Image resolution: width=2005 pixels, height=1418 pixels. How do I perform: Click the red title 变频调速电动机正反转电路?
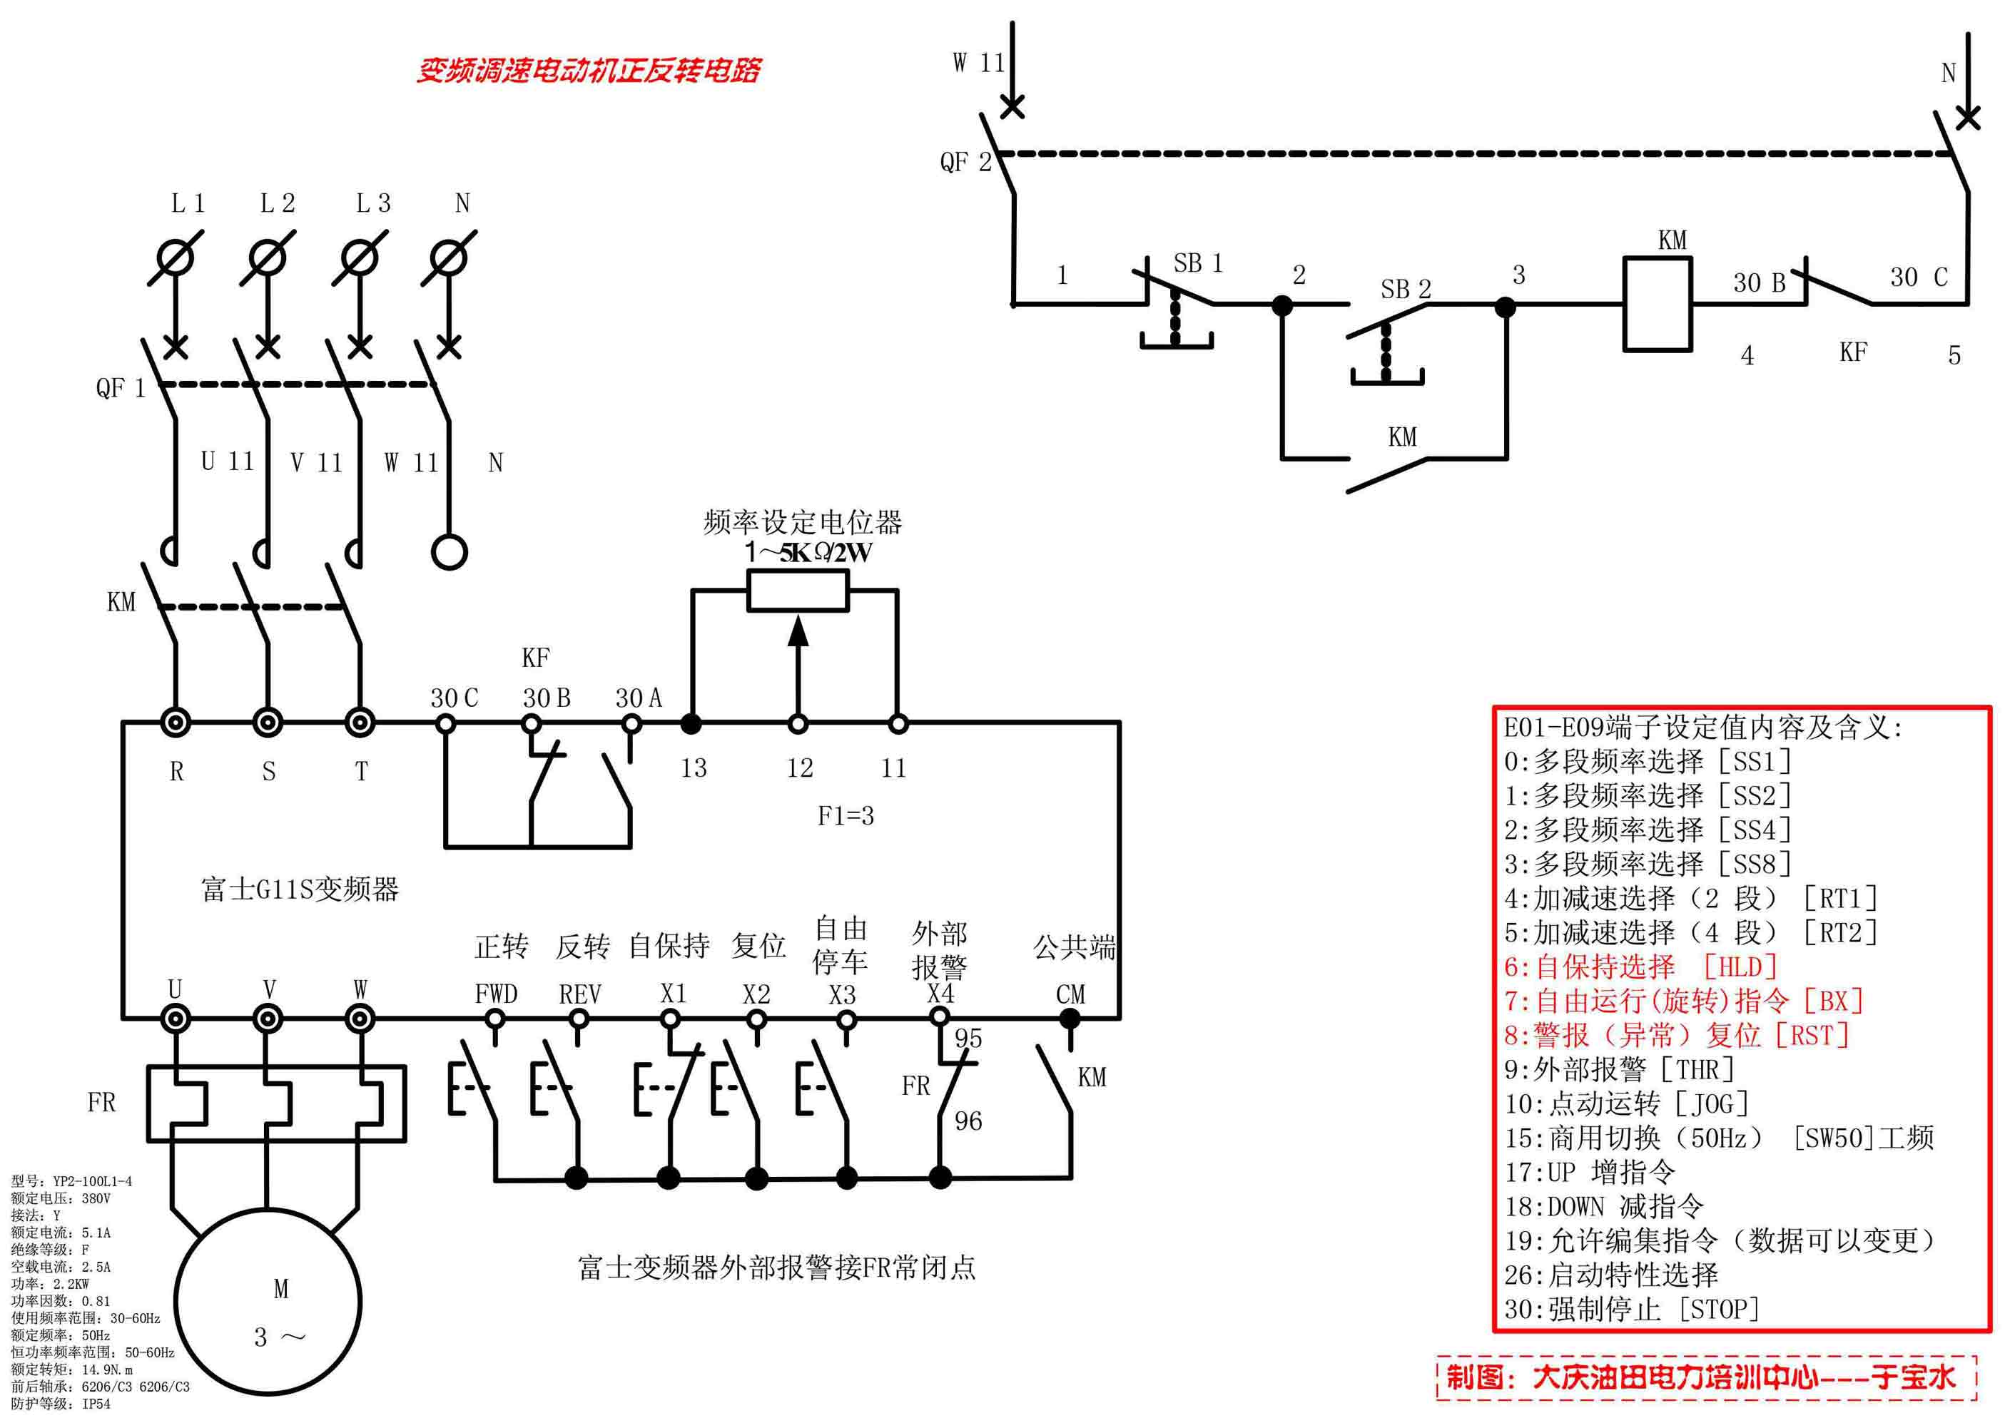(588, 71)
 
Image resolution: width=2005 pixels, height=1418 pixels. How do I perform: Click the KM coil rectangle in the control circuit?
(1657, 304)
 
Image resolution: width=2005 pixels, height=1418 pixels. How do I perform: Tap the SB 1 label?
(1197, 262)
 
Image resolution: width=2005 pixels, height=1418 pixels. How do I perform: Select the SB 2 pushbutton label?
(1405, 289)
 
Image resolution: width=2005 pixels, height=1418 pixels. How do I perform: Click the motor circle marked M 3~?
(268, 1302)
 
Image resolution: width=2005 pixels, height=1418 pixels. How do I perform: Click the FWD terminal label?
(496, 994)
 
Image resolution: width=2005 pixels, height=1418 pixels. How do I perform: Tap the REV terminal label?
(580, 994)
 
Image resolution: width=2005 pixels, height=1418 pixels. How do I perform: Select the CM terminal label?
(1070, 994)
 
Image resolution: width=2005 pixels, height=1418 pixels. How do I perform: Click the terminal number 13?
(694, 768)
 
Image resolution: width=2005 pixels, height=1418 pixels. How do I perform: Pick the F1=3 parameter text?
(846, 815)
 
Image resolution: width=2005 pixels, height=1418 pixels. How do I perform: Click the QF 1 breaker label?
(121, 388)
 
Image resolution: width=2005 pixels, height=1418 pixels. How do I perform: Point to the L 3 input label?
(373, 203)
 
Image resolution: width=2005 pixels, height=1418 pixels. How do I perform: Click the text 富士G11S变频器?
(300, 889)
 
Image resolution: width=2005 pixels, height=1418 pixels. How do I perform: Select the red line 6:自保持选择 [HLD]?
(1642, 966)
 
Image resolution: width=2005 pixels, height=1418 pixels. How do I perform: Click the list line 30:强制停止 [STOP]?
(1631, 1310)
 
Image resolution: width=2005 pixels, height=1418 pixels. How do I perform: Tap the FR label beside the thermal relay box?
(101, 1103)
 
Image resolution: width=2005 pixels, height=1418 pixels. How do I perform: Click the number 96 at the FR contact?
(968, 1121)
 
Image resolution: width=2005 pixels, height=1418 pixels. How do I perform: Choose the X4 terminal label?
(940, 994)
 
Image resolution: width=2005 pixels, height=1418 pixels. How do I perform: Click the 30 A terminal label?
(639, 698)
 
